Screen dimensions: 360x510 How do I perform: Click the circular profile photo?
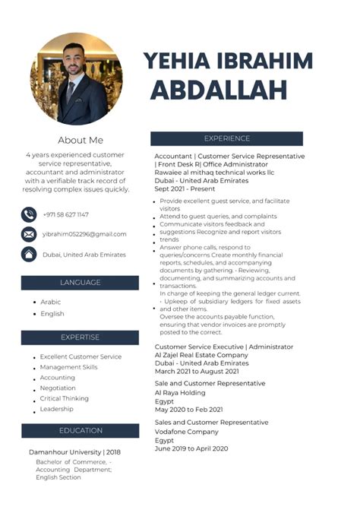click(76, 79)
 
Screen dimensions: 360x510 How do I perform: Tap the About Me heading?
click(80, 140)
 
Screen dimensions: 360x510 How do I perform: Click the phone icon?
click(29, 214)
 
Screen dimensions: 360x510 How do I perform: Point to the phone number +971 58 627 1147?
click(65, 215)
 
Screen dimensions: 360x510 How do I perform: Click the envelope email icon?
click(29, 234)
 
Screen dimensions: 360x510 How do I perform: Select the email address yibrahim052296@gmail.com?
click(84, 234)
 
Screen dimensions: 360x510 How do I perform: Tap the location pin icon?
click(29, 254)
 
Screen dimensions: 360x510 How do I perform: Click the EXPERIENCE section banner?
click(226, 138)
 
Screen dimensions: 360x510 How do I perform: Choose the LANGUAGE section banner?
click(80, 282)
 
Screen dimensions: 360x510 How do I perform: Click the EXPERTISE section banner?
click(80, 337)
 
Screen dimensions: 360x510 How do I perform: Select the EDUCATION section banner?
click(80, 430)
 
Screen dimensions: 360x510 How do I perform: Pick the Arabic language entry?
click(51, 302)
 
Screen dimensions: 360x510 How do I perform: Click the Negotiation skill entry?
click(58, 388)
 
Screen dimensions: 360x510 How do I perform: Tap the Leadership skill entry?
click(56, 409)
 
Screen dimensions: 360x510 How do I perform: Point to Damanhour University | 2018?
click(74, 451)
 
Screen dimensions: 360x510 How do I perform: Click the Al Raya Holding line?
click(179, 392)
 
